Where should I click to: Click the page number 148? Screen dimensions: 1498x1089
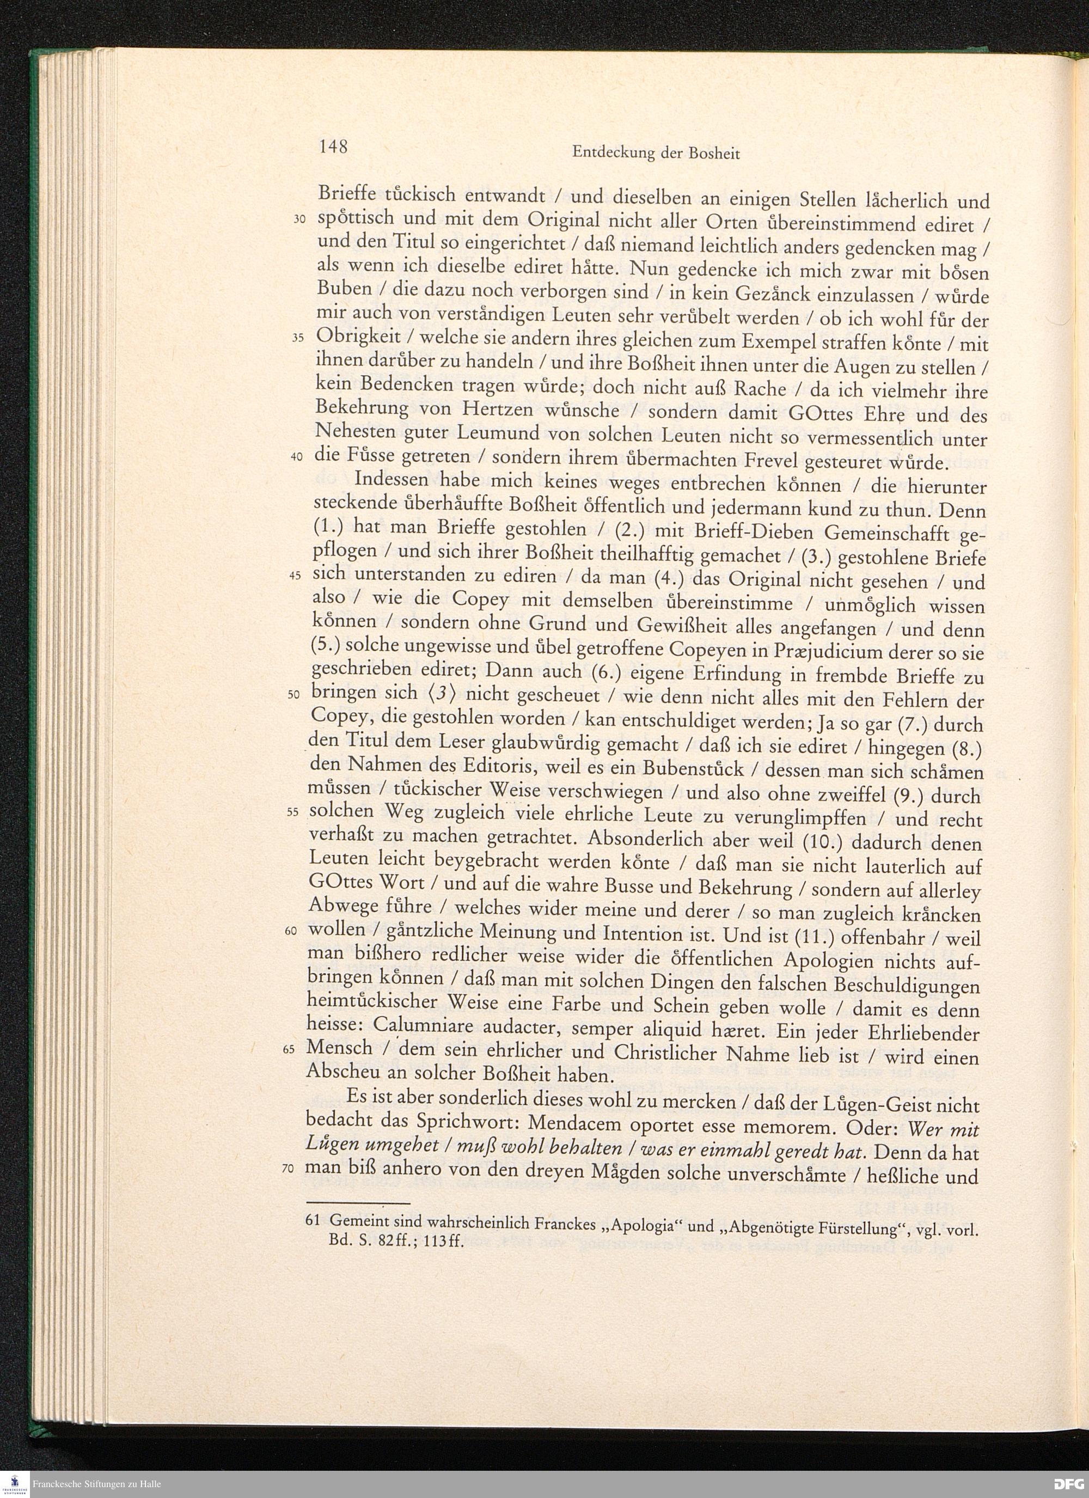333,146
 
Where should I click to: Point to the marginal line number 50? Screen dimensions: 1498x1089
295,695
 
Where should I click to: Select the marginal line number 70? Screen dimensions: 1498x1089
287,1169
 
